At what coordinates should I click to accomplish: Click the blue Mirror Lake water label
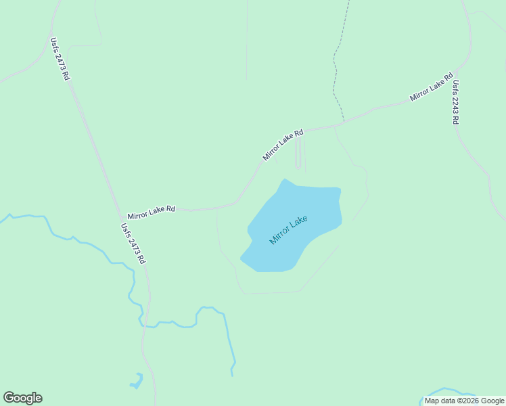click(x=289, y=230)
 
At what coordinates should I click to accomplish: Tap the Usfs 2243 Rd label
click(x=456, y=102)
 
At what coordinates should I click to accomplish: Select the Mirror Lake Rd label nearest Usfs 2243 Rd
click(x=431, y=87)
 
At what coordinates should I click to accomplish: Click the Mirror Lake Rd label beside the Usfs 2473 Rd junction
click(x=152, y=210)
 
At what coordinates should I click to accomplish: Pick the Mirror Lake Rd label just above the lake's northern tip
click(x=283, y=145)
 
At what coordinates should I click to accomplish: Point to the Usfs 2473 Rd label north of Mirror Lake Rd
click(x=60, y=59)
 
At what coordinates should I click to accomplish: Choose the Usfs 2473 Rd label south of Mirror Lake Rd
click(x=133, y=243)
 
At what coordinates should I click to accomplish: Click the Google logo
click(x=22, y=398)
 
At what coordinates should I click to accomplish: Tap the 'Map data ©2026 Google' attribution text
click(x=464, y=401)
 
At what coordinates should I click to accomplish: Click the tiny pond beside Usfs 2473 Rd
click(x=137, y=381)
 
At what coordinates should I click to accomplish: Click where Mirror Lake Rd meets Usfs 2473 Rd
click(x=116, y=212)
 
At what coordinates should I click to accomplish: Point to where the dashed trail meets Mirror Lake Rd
click(x=343, y=122)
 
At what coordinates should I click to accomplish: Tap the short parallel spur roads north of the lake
click(x=300, y=152)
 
